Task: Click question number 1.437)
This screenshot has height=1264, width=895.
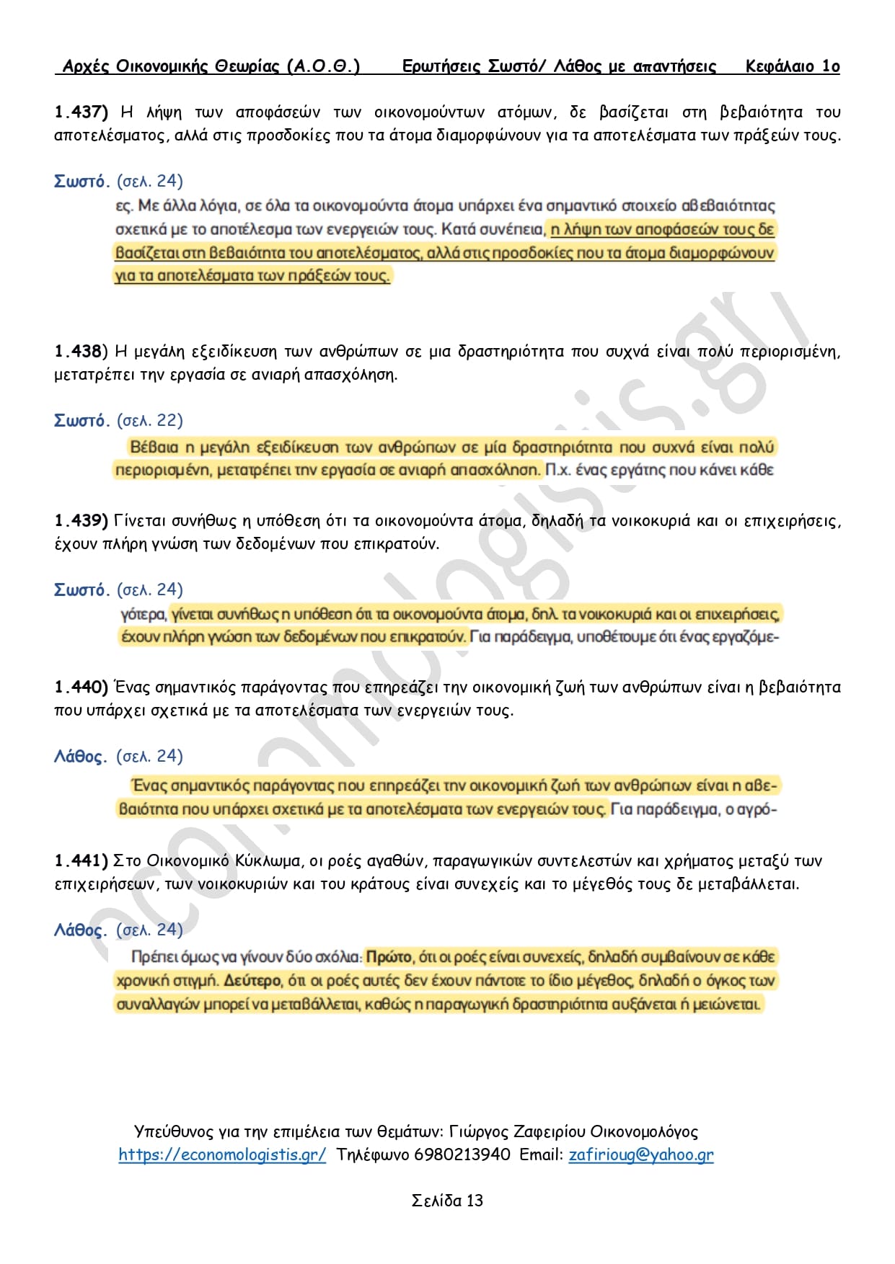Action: (x=81, y=112)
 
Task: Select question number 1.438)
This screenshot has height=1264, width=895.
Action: (x=81, y=351)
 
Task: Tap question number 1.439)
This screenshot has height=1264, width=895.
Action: (x=81, y=520)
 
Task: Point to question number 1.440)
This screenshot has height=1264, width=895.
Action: (x=81, y=687)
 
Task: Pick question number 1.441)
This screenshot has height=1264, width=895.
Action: (x=81, y=860)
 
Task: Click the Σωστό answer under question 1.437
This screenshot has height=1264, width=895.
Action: (x=81, y=181)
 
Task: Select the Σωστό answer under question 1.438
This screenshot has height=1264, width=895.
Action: (x=81, y=420)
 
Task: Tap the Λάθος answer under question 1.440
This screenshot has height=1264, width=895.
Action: (x=80, y=756)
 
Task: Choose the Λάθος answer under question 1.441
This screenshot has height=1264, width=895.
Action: (x=80, y=930)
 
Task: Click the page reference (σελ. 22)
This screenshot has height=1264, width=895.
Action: (x=150, y=420)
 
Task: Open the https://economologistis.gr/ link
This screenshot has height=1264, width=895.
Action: (x=222, y=1154)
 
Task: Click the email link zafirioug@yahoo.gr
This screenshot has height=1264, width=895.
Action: (x=641, y=1154)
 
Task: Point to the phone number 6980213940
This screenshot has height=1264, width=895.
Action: (x=462, y=1154)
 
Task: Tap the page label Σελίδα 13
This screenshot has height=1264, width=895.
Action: (x=447, y=1201)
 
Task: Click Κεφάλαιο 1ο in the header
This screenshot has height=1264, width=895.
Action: (x=793, y=66)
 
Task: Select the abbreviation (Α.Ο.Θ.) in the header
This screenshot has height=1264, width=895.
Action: (x=323, y=66)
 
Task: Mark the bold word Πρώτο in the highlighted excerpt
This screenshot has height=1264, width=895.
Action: (x=389, y=957)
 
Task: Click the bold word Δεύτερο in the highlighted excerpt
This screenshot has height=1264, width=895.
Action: (x=252, y=980)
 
